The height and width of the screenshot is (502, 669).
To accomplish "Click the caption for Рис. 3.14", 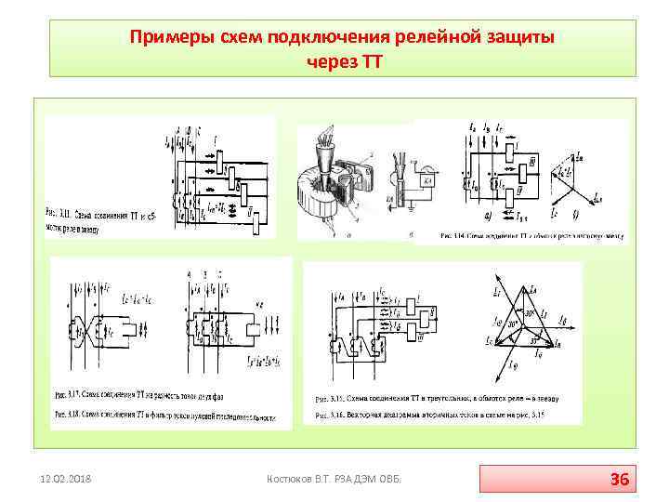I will [531, 237].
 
